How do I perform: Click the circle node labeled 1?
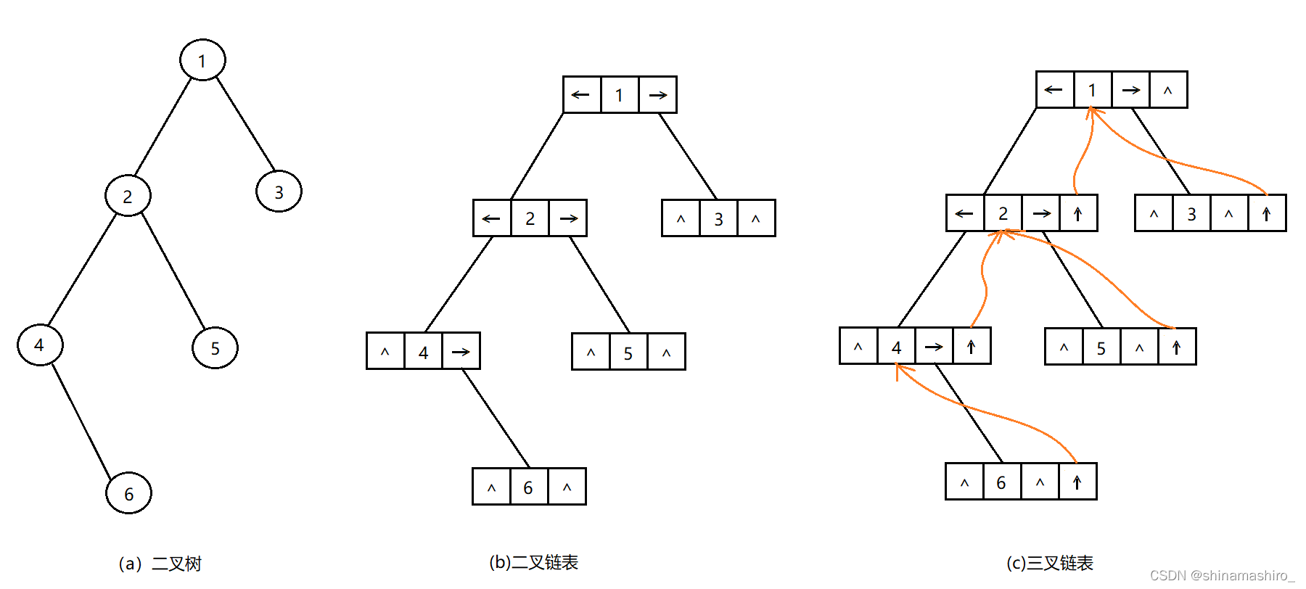click(x=202, y=60)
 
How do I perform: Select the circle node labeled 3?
click(x=279, y=191)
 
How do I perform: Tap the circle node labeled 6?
click(x=128, y=493)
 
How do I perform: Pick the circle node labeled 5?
click(x=215, y=348)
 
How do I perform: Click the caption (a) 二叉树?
click(x=160, y=564)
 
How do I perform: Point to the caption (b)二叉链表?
click(x=533, y=563)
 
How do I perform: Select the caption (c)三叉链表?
click(x=1049, y=563)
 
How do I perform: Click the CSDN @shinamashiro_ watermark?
click(x=1222, y=575)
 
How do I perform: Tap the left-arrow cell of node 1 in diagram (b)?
click(x=581, y=95)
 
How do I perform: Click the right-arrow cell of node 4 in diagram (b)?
click(x=461, y=352)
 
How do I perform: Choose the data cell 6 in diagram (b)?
click(x=528, y=487)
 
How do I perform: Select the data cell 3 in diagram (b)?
click(x=718, y=218)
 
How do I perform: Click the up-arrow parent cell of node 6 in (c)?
click(x=1077, y=482)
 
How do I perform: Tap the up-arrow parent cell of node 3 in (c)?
click(x=1267, y=213)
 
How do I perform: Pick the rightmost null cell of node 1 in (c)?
click(x=1168, y=90)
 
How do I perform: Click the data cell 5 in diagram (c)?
click(x=1101, y=347)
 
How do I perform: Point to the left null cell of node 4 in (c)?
click(x=858, y=346)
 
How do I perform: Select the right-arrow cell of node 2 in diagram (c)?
click(x=1041, y=213)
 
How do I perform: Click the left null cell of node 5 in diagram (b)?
click(x=591, y=352)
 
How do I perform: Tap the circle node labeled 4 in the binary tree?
click(x=40, y=345)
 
